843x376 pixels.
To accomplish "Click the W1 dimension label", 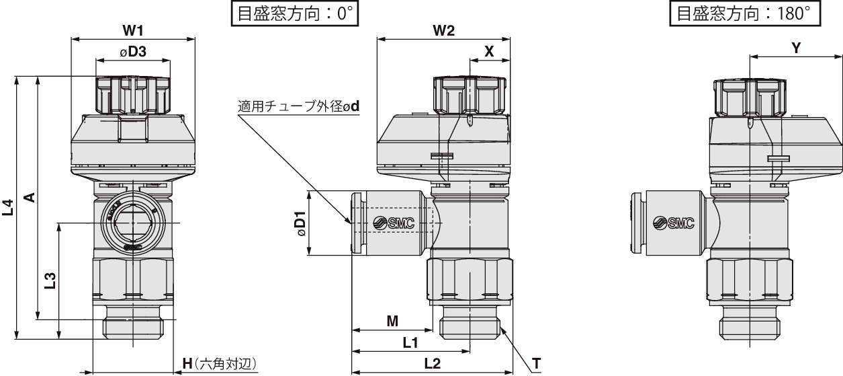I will point(132,30).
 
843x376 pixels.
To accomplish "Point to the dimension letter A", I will point(30,196).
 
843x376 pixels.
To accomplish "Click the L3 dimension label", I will point(50,280).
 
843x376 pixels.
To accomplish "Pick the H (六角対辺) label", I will point(220,364).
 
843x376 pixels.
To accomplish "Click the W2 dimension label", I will point(444,30).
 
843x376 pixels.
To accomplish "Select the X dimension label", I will point(489,51).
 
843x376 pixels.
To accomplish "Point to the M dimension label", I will point(392,322).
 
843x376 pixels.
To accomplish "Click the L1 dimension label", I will point(410,342).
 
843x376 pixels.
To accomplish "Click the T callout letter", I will point(537,364).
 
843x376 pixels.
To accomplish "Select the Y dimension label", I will point(796,48).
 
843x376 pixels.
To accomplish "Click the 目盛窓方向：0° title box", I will point(294,14).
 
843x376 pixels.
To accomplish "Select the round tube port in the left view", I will point(133,222).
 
